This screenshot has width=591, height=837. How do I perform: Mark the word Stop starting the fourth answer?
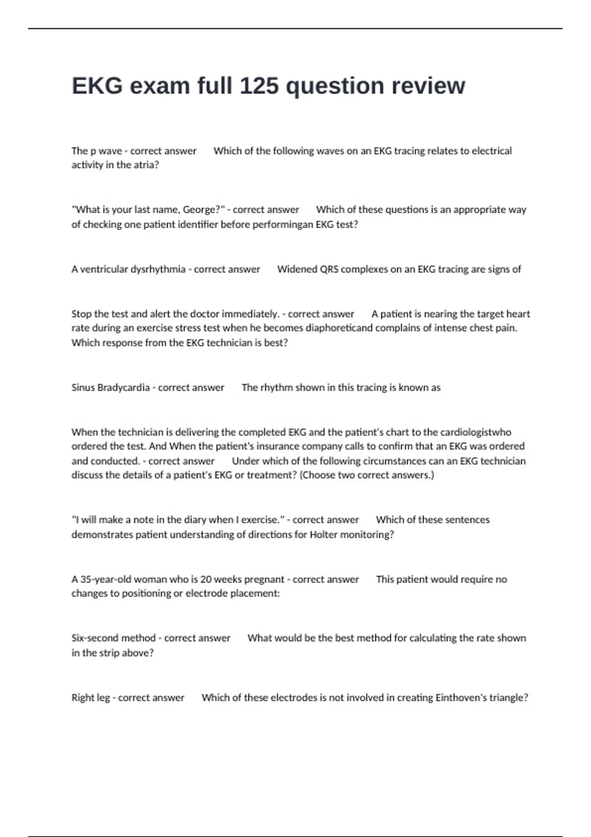tap(81, 314)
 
